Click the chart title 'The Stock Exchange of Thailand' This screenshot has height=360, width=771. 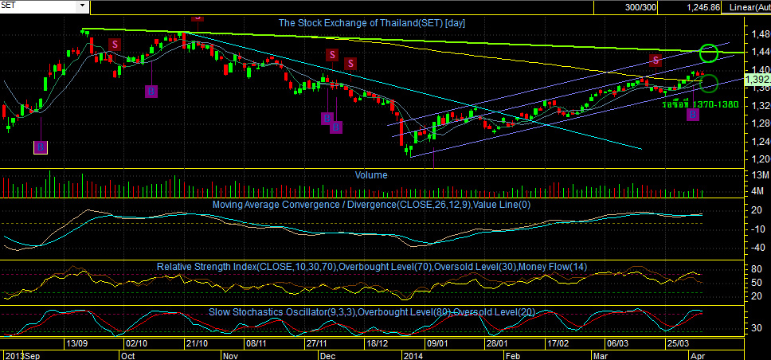tap(371, 23)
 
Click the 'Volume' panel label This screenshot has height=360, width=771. tap(371, 174)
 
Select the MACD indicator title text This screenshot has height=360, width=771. tap(373, 205)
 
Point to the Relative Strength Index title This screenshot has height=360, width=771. tap(372, 266)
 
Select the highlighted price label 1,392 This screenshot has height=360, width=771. tap(757, 80)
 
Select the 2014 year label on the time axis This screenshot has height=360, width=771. tap(413, 355)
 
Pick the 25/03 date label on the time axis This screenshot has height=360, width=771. tap(678, 343)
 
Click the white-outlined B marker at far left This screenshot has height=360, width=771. tap(41, 147)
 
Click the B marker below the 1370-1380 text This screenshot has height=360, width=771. tap(693, 115)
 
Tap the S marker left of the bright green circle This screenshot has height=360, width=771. tap(655, 61)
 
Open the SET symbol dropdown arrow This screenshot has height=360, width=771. tap(82, 6)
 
